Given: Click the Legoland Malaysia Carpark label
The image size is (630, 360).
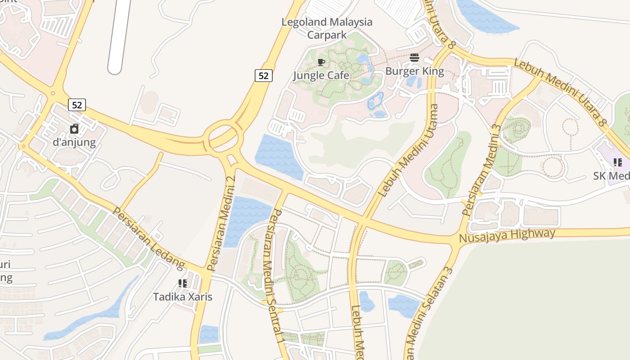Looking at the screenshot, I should [327, 28].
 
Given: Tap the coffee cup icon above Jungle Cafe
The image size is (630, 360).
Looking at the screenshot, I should [321, 62].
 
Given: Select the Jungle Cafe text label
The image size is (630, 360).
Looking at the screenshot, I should [321, 75].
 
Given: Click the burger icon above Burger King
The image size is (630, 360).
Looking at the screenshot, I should [414, 58].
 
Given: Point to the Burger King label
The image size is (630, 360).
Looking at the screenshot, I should [414, 71].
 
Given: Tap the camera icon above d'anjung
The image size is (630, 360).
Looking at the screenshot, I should [74, 129].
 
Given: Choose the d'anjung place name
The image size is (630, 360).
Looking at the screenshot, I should [74, 143].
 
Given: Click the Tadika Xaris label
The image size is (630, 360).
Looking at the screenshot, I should [183, 297].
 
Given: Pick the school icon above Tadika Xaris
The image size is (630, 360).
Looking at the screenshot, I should [183, 283].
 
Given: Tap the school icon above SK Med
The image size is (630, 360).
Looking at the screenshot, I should [618, 162].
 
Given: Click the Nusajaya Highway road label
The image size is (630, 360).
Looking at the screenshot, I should [507, 235].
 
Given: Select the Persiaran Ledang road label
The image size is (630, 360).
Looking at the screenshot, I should [148, 238].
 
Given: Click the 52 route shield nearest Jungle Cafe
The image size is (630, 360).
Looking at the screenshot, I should [264, 76].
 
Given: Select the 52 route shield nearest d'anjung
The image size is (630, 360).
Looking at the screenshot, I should [77, 105].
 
